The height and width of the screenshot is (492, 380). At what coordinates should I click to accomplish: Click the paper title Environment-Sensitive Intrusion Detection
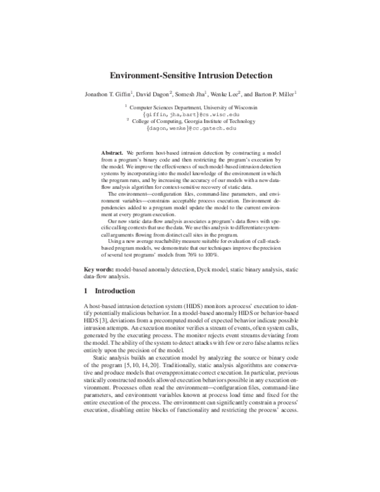190,74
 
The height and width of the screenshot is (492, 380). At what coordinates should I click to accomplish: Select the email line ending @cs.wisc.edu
190,115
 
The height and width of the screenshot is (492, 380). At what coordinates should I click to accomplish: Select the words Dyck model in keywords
210,269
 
